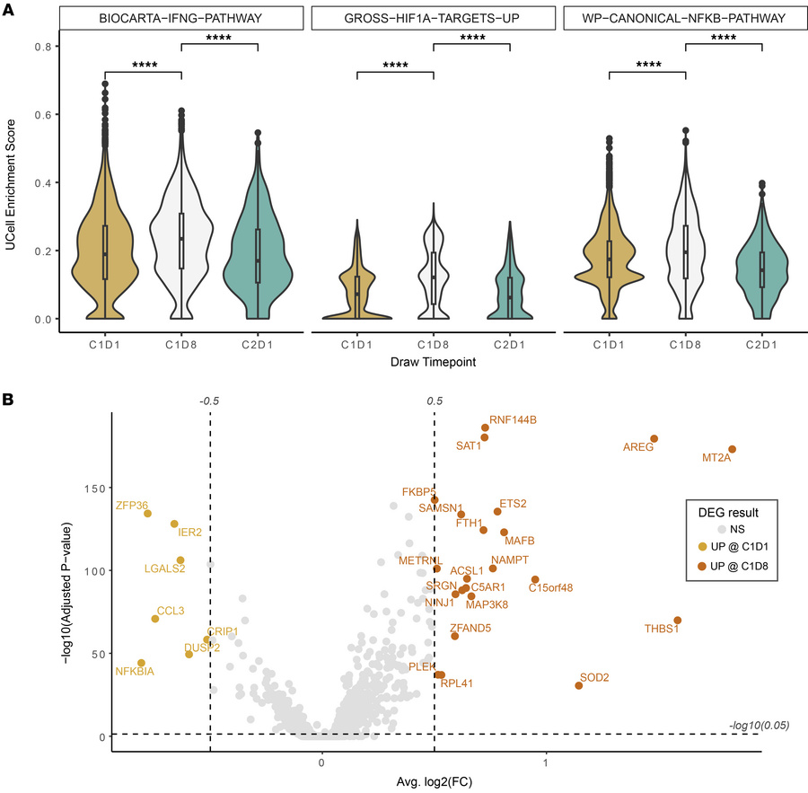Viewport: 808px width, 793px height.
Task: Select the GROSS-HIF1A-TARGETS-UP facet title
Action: [434, 18]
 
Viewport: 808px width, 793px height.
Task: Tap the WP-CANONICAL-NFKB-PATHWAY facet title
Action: [685, 18]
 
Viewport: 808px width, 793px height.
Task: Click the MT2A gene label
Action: [717, 459]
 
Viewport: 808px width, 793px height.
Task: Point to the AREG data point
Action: [654, 439]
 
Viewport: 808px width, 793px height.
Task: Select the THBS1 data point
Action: [678, 621]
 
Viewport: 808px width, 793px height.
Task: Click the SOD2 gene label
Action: [594, 677]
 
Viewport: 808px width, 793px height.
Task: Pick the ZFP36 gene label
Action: [131, 506]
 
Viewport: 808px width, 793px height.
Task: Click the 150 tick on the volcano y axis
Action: [95, 489]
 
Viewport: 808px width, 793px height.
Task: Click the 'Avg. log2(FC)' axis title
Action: [434, 783]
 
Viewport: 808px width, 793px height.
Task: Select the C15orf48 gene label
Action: [550, 588]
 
